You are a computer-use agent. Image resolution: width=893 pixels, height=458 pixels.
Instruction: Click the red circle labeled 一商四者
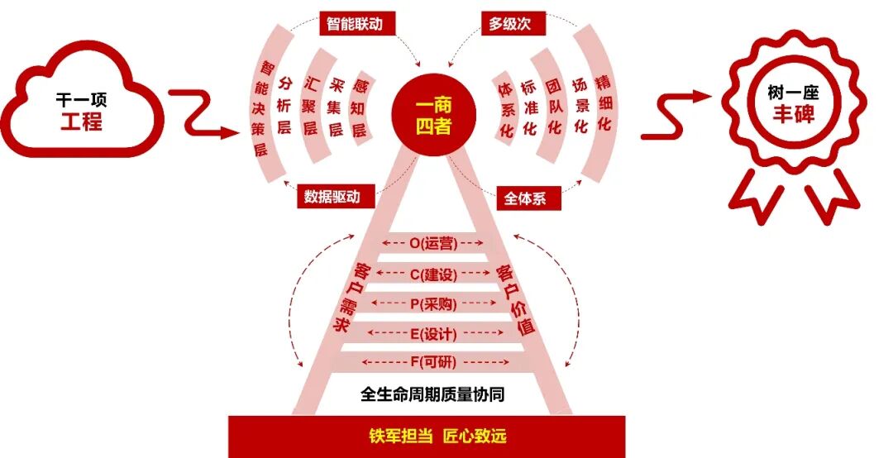[x=433, y=117]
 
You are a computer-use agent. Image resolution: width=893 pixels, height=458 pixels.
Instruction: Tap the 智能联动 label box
[x=357, y=23]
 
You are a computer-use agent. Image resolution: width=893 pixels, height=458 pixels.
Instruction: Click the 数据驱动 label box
[x=336, y=197]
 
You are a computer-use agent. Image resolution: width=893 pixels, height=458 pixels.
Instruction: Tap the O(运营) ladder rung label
[x=434, y=244]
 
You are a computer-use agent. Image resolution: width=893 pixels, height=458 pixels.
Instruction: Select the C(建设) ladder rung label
[x=434, y=274]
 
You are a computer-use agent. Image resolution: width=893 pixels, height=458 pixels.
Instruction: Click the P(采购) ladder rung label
[x=434, y=303]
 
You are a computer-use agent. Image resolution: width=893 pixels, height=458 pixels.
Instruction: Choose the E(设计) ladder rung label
[x=434, y=333]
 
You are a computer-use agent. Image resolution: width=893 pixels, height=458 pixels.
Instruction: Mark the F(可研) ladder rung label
[x=434, y=363]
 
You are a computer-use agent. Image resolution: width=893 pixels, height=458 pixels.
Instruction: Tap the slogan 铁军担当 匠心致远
[x=437, y=436]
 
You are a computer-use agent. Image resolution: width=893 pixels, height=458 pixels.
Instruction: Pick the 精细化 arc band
[x=604, y=104]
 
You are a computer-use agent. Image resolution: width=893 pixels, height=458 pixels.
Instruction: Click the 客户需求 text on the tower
[x=350, y=298]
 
